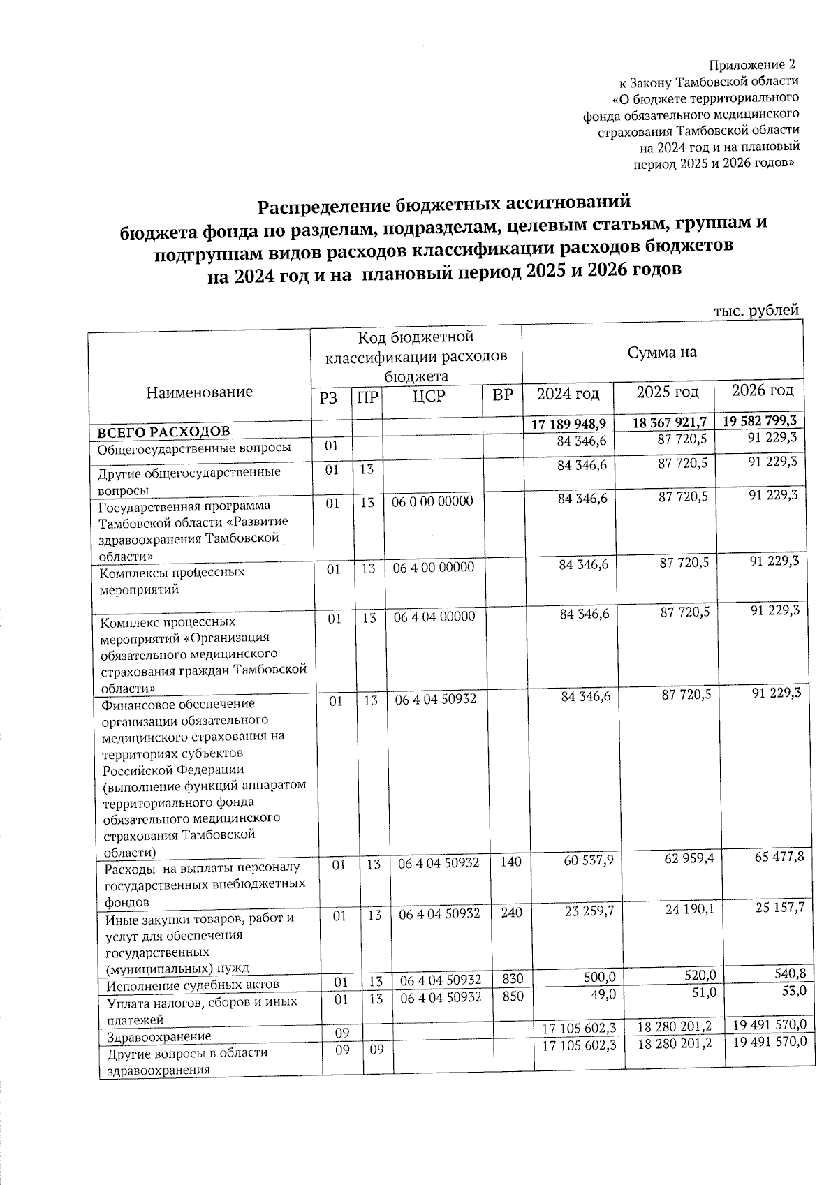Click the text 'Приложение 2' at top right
[x=752, y=66]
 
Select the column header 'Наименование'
[x=199, y=392]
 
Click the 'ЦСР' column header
[x=429, y=397]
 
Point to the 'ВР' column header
[x=503, y=395]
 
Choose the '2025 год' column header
[x=667, y=392]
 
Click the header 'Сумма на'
[x=661, y=352]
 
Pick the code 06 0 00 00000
[x=432, y=501]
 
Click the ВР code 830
[x=513, y=980]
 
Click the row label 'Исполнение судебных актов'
[x=193, y=985]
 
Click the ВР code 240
[x=512, y=913]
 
